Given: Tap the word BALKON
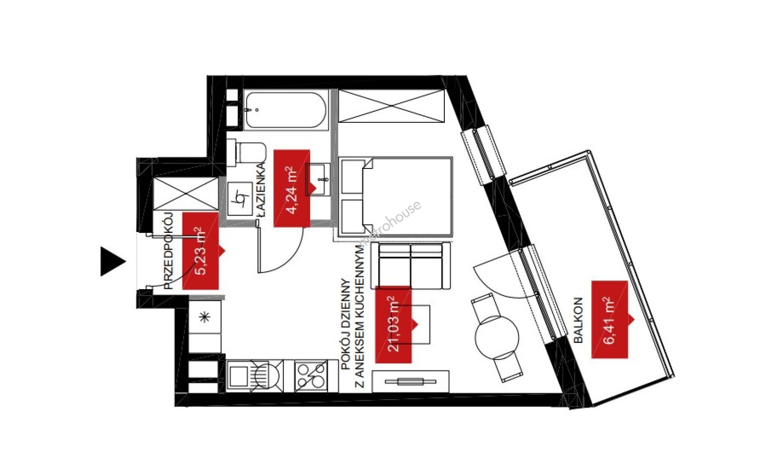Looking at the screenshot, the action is tap(578, 320).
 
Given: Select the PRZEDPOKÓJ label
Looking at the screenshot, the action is tap(169, 251).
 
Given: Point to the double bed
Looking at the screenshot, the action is tap(395, 196).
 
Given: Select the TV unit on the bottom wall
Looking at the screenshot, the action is tap(411, 382).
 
